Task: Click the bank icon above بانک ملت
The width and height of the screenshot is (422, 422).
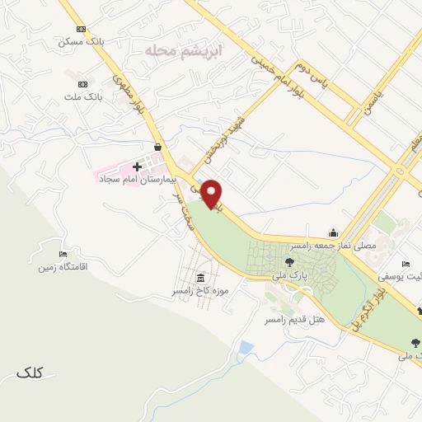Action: (82, 84)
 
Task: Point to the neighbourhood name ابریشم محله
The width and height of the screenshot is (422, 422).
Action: (173, 51)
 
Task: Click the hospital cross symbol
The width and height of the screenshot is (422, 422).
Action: (137, 166)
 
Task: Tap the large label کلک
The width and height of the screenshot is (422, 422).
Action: (29, 373)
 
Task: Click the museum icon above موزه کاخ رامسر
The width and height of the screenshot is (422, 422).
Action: (202, 278)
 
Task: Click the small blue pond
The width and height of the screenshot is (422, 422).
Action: (246, 349)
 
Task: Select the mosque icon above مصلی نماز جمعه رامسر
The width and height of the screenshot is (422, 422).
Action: (333, 232)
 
